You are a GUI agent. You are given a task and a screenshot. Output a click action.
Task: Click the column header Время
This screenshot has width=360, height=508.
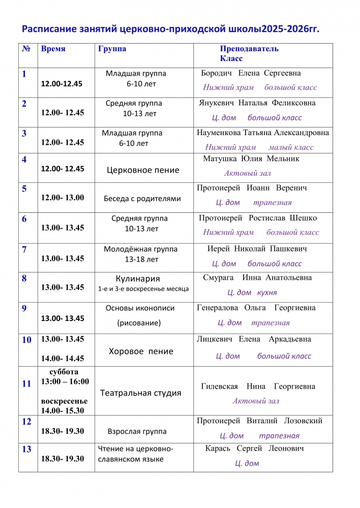point(53,49)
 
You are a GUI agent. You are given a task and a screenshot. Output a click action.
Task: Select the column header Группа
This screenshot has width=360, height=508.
point(112,49)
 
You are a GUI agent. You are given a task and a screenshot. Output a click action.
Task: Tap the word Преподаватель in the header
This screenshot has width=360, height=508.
point(249,49)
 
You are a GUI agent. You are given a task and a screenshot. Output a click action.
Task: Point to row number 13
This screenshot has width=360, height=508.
point(26,449)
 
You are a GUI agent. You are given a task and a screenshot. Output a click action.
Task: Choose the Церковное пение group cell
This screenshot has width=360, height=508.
point(143,170)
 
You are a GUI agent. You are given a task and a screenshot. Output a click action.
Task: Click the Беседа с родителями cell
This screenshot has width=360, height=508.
point(142,199)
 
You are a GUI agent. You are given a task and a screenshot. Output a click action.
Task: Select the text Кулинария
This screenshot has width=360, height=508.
point(138,279)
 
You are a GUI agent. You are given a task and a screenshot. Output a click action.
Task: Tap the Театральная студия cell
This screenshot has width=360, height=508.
point(141,393)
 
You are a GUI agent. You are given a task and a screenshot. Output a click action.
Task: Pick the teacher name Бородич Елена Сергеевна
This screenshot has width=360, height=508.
point(251,73)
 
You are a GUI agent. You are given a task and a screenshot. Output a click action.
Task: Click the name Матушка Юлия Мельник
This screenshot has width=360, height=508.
point(251,159)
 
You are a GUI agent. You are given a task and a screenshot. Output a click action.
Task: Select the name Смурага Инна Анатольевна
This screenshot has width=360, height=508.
point(257,278)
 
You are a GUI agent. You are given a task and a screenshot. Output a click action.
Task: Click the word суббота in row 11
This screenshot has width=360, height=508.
point(64,372)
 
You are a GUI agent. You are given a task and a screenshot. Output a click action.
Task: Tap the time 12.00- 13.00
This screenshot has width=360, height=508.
point(63,198)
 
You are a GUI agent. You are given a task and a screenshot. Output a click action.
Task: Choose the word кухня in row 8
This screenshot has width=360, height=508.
point(267,293)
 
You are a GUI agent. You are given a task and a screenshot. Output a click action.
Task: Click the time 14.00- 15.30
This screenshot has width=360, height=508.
point(63,410)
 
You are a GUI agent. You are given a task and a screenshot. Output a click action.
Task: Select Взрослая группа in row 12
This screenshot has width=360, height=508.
point(137,431)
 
